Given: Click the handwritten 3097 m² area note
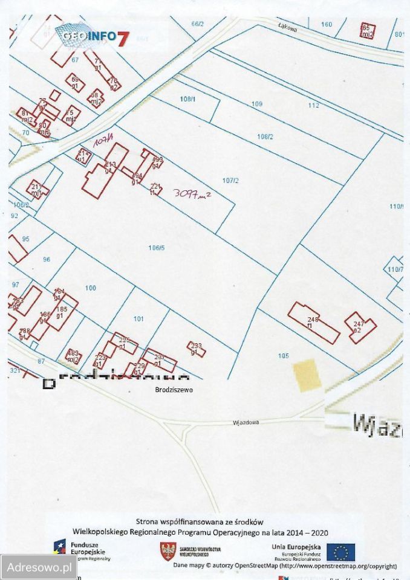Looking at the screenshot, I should (192, 193).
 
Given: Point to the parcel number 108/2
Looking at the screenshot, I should (265, 137).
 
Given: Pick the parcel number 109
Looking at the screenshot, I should (257, 104).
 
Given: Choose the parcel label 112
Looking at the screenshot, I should (313, 105).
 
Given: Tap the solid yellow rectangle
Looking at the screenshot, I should (306, 373).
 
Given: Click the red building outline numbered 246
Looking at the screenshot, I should (313, 323).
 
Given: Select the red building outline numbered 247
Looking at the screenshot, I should (360, 327).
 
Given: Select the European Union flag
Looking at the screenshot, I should (340, 552).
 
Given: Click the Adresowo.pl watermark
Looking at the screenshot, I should (38, 567).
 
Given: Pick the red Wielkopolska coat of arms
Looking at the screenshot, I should (168, 551).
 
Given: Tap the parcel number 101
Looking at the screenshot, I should (138, 318).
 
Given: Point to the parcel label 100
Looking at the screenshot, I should (91, 288).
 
